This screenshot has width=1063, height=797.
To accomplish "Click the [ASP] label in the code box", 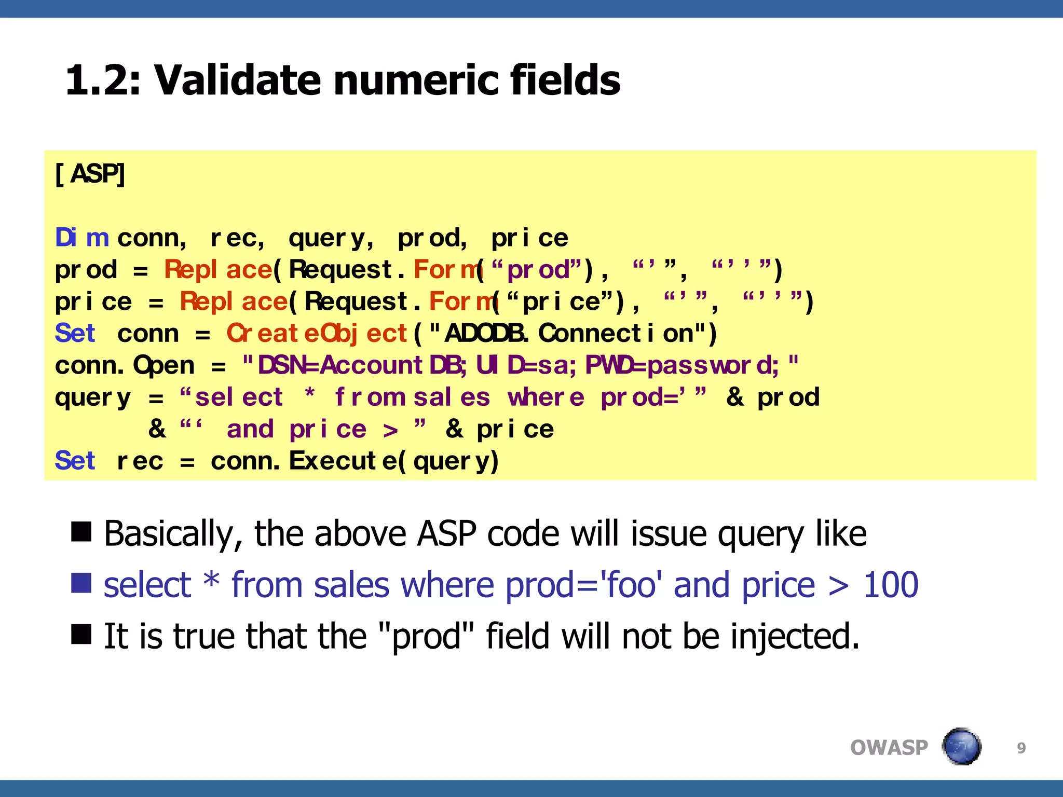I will point(90,174).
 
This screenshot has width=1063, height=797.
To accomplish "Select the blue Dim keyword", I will point(82,238).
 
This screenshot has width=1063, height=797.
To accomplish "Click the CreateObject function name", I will point(317,334).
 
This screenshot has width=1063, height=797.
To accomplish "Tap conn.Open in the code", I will point(125,365).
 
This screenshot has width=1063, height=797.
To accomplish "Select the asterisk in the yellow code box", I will point(309,395).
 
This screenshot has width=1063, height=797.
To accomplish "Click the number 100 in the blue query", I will point(890,585).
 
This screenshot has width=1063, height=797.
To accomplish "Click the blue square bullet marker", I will point(81,583).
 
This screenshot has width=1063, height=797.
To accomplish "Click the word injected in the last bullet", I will point(795,636).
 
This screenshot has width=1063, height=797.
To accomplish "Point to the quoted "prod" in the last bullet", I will point(427,636).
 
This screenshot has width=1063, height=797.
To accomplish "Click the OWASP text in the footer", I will point(889,748).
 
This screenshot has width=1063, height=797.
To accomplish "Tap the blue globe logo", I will point(961,747).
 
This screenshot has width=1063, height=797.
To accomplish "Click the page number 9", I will point(1021,748).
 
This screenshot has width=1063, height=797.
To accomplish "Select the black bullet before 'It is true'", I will point(81,634).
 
